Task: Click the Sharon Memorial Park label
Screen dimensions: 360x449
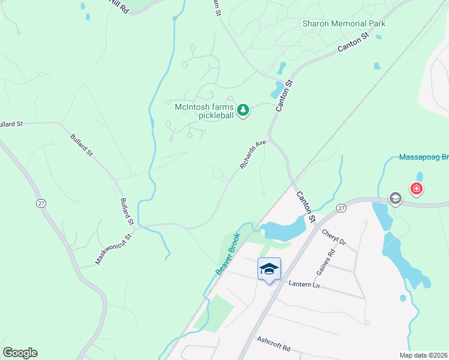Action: point(343,23)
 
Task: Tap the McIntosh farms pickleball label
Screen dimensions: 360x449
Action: point(203,111)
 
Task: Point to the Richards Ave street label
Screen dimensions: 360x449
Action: point(253,155)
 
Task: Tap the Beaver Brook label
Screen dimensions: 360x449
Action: point(228,253)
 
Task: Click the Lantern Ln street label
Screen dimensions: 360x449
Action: point(304,285)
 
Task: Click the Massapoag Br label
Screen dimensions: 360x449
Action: point(424,158)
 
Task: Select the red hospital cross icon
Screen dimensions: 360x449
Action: point(415,190)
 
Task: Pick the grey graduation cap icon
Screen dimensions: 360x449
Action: point(395,198)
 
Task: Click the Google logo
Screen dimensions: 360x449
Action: point(20,353)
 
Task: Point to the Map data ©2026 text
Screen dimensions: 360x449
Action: point(424,355)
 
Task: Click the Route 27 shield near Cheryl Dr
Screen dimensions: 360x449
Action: point(341,207)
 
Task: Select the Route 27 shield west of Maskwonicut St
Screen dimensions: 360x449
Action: point(41,203)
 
